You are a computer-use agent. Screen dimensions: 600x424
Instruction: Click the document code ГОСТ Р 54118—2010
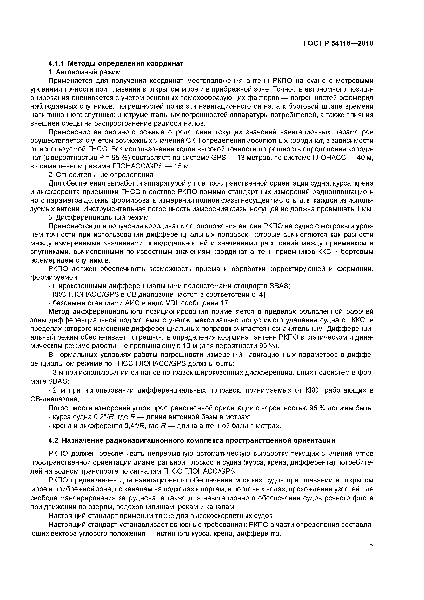pyautogui.click(x=338, y=43)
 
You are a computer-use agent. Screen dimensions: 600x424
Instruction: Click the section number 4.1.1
pyautogui.click(x=57, y=63)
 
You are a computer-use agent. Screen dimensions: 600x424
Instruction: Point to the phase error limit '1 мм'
pyautogui.click(x=365, y=209)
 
